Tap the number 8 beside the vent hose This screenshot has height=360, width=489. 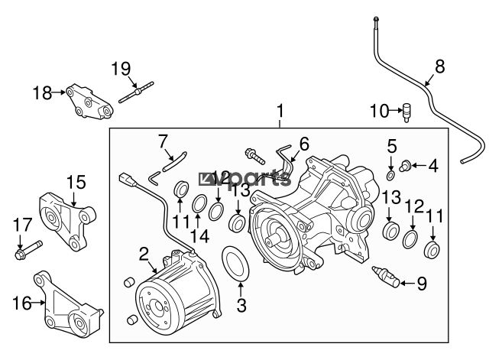click(x=439, y=66)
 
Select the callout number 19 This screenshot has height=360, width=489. click(x=121, y=69)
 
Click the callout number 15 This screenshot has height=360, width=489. click(x=76, y=183)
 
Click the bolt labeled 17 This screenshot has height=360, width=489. click(x=28, y=248)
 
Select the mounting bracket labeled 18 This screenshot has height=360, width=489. click(x=89, y=102)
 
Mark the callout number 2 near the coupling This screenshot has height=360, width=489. click(x=143, y=253)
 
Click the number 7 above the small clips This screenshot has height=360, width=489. click(x=162, y=141)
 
